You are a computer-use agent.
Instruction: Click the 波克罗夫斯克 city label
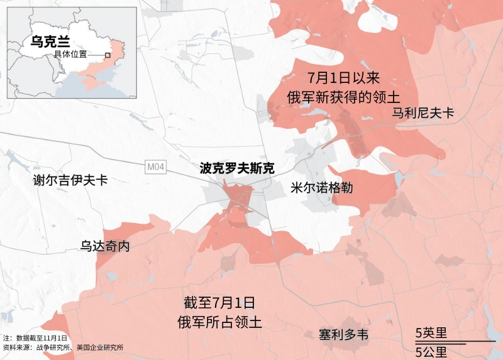(x=237, y=168)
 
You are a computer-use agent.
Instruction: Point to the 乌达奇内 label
(x=105, y=246)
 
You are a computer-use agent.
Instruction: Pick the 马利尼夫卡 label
(x=423, y=114)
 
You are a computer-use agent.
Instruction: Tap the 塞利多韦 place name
(x=343, y=335)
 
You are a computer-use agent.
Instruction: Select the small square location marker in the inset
(x=108, y=55)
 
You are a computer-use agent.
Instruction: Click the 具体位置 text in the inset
(x=70, y=55)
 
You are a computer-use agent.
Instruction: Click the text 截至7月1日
(x=219, y=302)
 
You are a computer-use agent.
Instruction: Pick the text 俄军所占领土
(x=219, y=322)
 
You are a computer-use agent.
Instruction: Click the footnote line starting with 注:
(x=35, y=339)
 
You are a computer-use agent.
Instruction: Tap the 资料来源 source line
(x=63, y=347)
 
